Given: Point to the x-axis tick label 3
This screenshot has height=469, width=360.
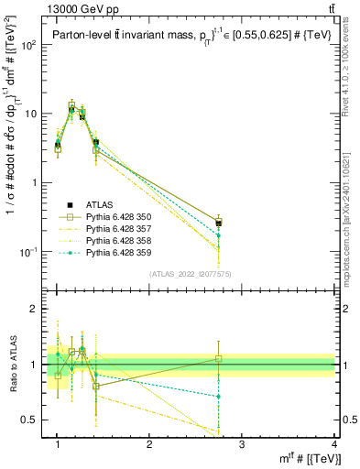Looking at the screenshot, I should point(242,445).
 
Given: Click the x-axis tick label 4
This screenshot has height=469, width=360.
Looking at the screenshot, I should point(334,445).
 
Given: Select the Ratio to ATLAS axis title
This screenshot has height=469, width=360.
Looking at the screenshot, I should point(12,365).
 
